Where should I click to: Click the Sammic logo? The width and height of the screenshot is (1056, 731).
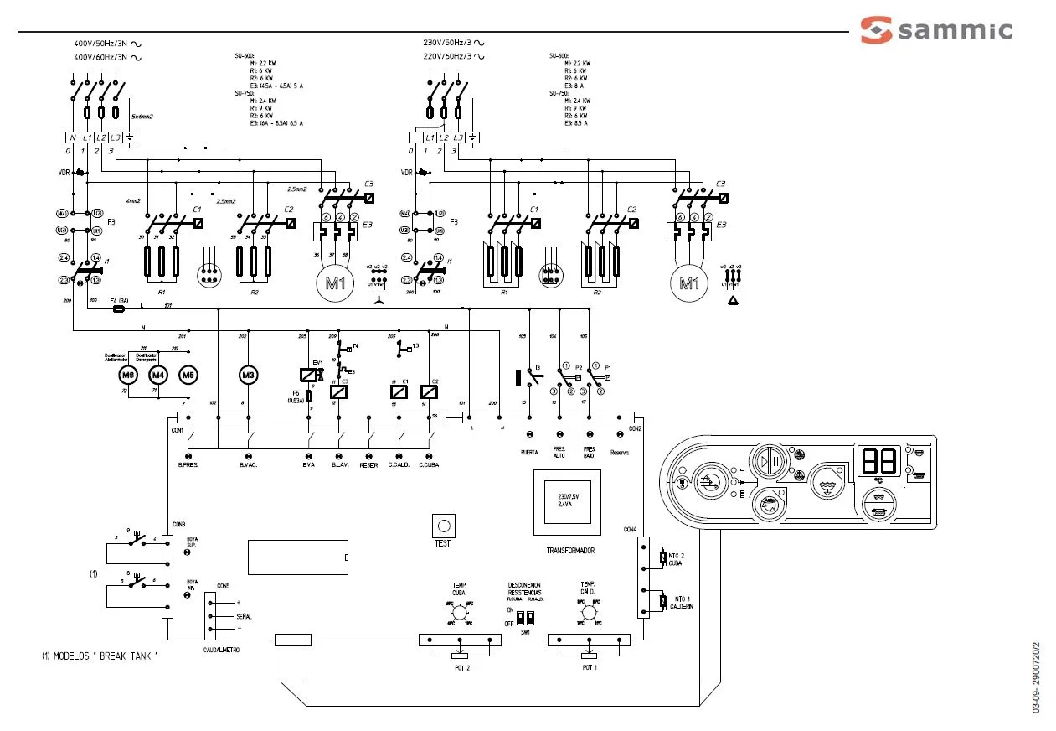click(x=936, y=31)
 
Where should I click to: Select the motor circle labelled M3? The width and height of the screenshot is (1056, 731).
click(x=248, y=375)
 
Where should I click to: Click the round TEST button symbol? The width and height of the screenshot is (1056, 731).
click(x=443, y=526)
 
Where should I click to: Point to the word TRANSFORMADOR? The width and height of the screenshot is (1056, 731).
click(x=564, y=551)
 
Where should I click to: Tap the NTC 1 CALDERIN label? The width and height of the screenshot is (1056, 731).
click(x=682, y=603)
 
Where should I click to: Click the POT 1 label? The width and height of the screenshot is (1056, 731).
click(x=590, y=667)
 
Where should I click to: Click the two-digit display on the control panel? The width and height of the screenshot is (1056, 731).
click(x=877, y=460)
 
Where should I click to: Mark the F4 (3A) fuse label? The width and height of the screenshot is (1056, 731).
click(x=117, y=300)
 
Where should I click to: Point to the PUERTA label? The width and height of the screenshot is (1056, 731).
click(x=529, y=452)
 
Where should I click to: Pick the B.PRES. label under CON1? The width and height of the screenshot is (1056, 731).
click(x=188, y=464)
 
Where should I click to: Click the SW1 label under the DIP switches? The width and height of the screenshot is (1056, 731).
click(x=525, y=631)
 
